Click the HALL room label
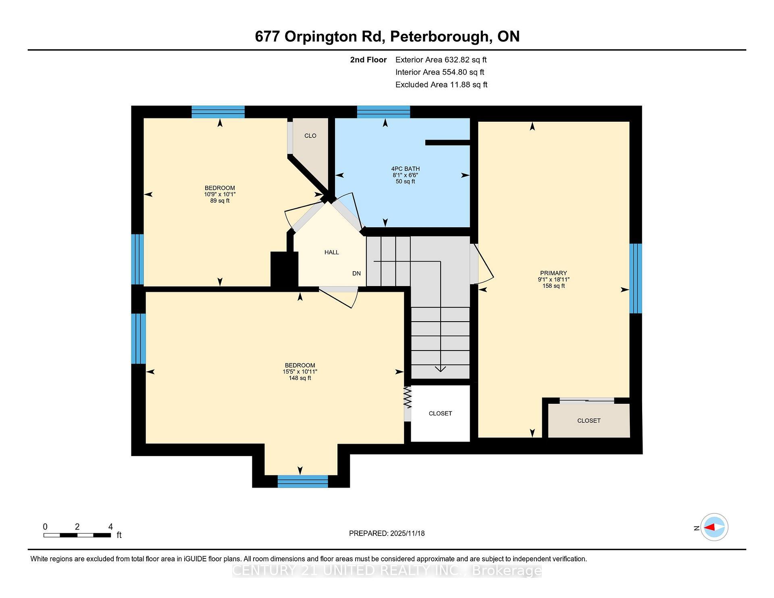pyautogui.click(x=331, y=252)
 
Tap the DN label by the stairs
pyautogui.click(x=356, y=273)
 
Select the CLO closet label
pyautogui.click(x=310, y=136)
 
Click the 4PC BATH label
pyautogui.click(x=405, y=169)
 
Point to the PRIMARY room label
pyautogui.click(x=553, y=273)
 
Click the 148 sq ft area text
pyautogui.click(x=300, y=378)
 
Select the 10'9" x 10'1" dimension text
pyautogui.click(x=220, y=194)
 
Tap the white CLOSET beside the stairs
pyautogui.click(x=440, y=413)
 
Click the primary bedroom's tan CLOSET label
pyautogui.click(x=589, y=421)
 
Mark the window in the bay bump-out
pyautogui.click(x=302, y=481)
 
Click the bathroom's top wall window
pyautogui.click(x=383, y=112)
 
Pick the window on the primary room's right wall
pyautogui.click(x=635, y=278)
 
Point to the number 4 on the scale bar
pyautogui.click(x=110, y=527)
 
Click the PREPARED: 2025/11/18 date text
pyautogui.click(x=387, y=533)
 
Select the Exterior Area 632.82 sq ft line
pyautogui.click(x=441, y=60)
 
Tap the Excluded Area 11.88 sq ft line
pyautogui.click(x=441, y=85)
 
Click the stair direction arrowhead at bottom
pyautogui.click(x=440, y=369)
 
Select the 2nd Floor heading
pyautogui.click(x=368, y=60)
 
